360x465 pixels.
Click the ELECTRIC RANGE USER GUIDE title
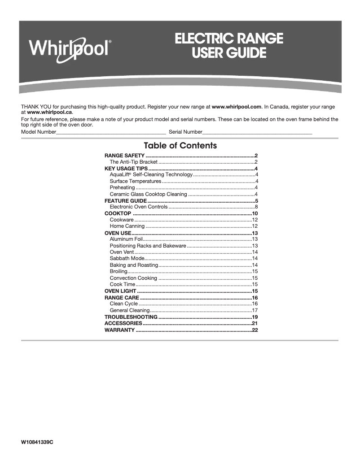click(229, 46)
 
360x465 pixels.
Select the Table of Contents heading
click(180, 146)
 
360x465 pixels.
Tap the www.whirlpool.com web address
click(236, 107)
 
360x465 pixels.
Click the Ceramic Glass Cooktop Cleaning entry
click(148, 194)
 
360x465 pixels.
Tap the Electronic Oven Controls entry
click(138, 207)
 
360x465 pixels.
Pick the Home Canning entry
click(127, 226)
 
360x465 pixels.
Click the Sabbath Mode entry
click(127, 259)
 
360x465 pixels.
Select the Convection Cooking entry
click(133, 278)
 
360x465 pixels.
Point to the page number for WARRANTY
click(255, 330)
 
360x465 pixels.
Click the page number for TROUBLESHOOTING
click(255, 317)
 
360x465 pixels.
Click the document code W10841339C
click(37, 442)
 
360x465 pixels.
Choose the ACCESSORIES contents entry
click(123, 323)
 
